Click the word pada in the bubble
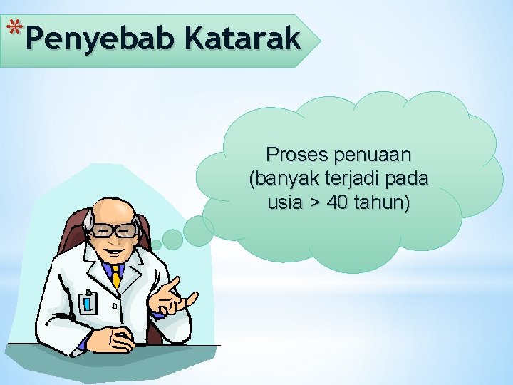[x=405, y=178]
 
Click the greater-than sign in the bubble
[x=315, y=203]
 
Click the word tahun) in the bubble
[x=383, y=202]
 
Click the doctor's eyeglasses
[x=115, y=230]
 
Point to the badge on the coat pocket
[x=88, y=302]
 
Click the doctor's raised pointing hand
[x=170, y=297]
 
